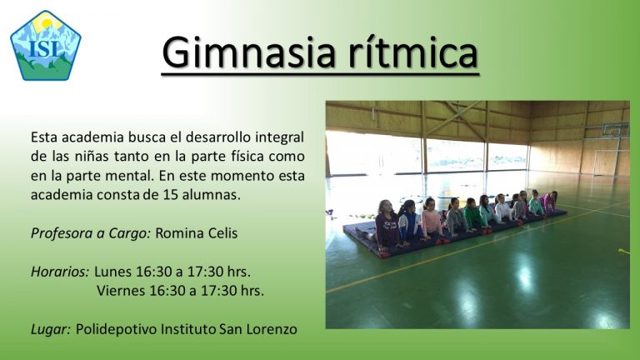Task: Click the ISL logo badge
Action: [46, 46]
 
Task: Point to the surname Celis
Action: [222, 233]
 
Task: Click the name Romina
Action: [180, 233]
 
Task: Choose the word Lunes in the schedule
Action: [113, 272]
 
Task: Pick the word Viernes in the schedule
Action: [121, 291]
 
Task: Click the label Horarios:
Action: [60, 272]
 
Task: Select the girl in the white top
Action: [502, 209]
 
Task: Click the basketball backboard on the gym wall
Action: [616, 130]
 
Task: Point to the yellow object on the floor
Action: [623, 251]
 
